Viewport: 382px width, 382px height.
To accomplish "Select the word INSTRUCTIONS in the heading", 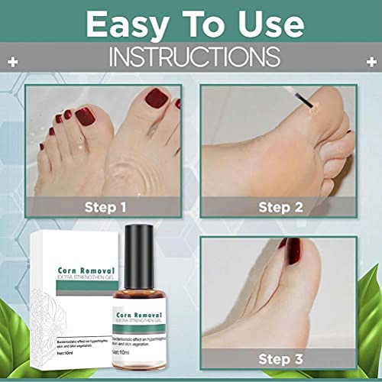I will coord(190,57).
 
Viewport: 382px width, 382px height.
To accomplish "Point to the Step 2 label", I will coord(280,206).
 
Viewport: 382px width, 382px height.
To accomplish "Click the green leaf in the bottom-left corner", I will coord(15,359).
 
